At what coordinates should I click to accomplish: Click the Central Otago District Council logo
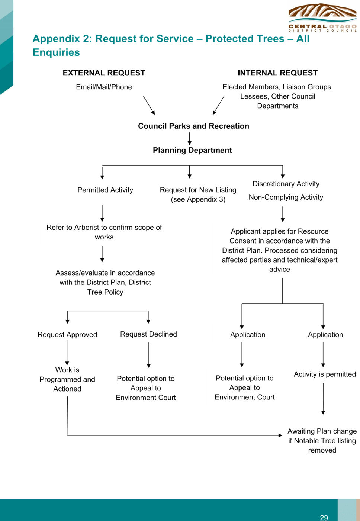click(x=322, y=17)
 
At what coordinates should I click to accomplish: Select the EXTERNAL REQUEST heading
click(x=104, y=73)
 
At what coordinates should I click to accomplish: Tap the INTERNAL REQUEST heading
click(x=277, y=73)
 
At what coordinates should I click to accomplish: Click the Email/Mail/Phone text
click(x=104, y=87)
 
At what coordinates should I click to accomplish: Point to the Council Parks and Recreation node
click(x=193, y=126)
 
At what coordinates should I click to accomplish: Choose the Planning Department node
click(x=192, y=150)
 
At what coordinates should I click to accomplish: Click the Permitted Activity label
click(x=105, y=190)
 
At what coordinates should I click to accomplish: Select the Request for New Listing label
click(x=198, y=194)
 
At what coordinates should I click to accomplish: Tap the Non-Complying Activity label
click(x=286, y=197)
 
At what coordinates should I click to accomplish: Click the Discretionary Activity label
click(x=286, y=184)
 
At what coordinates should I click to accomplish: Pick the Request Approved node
click(x=67, y=334)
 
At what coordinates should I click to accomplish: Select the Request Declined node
click(x=148, y=334)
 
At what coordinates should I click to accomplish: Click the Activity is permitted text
click(x=325, y=374)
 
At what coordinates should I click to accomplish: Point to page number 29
click(x=324, y=518)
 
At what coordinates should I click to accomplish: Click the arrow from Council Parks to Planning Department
click(x=190, y=139)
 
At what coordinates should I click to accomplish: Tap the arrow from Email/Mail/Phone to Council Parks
click(x=149, y=105)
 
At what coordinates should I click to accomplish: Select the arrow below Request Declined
click(x=149, y=355)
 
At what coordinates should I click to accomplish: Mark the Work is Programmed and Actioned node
click(x=67, y=379)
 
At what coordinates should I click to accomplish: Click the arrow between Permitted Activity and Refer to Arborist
click(x=102, y=213)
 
